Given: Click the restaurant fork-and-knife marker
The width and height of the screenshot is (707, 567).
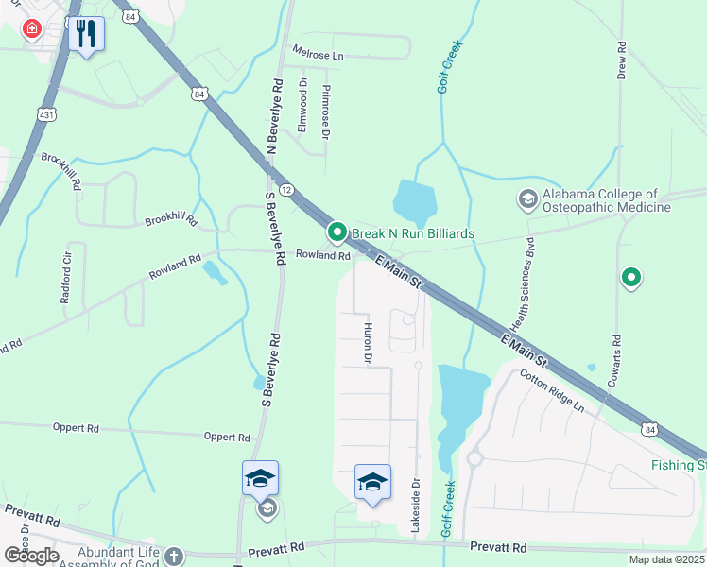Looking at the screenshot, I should click(86, 34).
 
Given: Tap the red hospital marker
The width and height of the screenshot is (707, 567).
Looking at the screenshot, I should click(32, 29).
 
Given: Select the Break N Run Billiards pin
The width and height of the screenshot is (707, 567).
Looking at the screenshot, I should click(336, 232).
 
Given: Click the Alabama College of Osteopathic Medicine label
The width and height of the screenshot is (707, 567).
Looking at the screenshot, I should click(605, 200).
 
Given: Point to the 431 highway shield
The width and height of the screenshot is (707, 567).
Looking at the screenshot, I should click(45, 113).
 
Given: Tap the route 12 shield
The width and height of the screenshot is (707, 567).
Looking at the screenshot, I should click(285, 190).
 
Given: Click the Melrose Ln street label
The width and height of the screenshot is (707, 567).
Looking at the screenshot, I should click(318, 56).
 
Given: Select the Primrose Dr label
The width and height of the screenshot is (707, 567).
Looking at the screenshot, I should click(325, 112).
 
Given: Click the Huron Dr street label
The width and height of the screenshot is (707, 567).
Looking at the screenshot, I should click(368, 342).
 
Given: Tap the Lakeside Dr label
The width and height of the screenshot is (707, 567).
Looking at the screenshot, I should click(415, 506).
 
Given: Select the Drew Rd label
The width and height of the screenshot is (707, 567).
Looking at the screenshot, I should click(622, 60).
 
